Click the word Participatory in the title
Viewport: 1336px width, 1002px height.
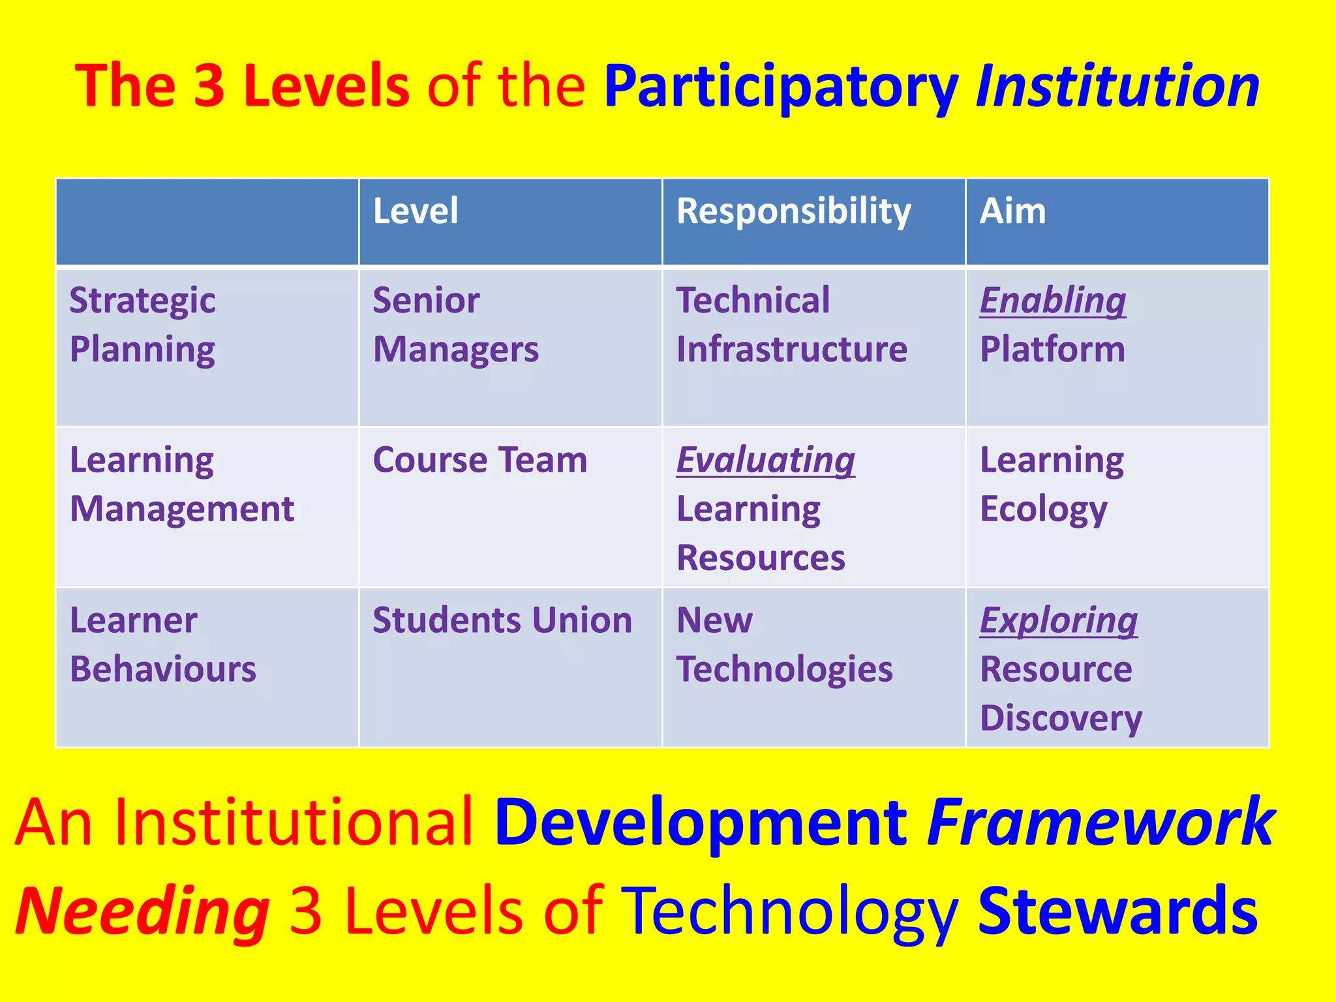[x=780, y=86]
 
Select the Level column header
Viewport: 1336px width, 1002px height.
[x=416, y=211]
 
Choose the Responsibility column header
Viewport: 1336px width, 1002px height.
[x=793, y=212]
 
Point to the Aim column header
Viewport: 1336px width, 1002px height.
[x=1012, y=211]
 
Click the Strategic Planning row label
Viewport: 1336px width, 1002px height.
[x=143, y=325]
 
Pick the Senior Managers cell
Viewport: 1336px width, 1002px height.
[x=455, y=325]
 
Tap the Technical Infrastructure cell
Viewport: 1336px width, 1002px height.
[x=791, y=325]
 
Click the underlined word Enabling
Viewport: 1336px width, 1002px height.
[x=1053, y=301]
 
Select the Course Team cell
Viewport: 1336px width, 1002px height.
[x=479, y=460]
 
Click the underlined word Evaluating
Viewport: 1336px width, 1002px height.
[x=765, y=460]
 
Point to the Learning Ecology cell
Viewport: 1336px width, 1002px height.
[x=1052, y=485]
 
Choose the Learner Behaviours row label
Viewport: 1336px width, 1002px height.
[x=162, y=645]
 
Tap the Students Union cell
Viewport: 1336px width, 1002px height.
[x=502, y=620]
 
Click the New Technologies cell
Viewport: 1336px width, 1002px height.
[x=784, y=645]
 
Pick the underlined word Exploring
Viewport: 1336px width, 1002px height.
[x=1058, y=620]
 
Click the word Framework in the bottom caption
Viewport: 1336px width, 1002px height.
[x=1100, y=822]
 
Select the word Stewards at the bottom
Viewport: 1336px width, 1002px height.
[x=1117, y=911]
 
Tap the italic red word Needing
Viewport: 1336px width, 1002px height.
[x=142, y=911]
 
